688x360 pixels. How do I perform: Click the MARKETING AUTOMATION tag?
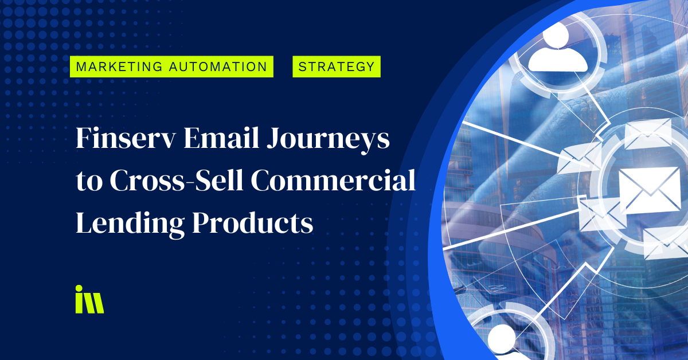171,66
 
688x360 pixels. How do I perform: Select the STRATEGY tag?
337,66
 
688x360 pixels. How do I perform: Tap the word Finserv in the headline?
126,138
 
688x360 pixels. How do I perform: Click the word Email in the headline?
221,138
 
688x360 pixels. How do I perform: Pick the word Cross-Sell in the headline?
177,181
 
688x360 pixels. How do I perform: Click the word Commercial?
333,181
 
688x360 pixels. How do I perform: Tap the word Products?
252,222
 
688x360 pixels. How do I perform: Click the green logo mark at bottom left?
89,299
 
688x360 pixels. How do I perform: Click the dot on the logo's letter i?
79,288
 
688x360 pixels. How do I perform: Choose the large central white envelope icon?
649,190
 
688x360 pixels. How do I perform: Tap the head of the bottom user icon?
502,338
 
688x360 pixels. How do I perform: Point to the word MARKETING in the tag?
119,66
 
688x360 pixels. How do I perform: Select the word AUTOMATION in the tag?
218,66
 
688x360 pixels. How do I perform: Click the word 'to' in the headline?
89,182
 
